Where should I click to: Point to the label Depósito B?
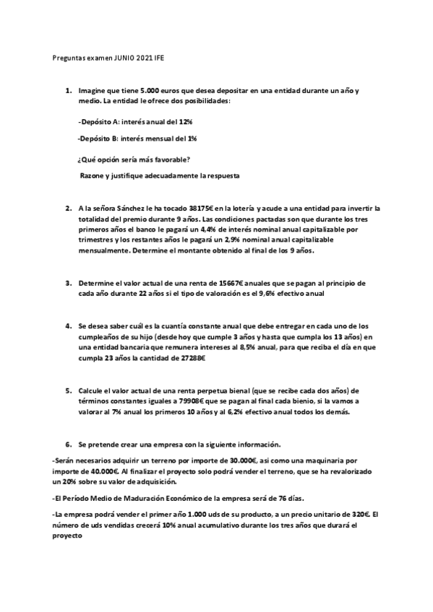103,138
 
